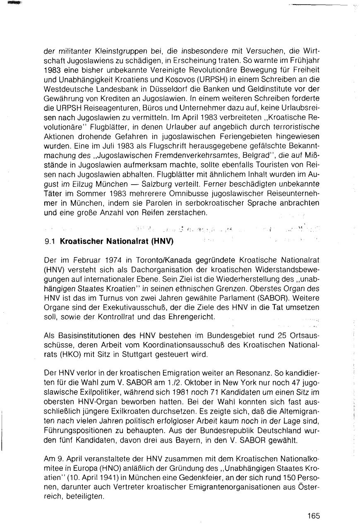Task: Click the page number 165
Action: point(314,516)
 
